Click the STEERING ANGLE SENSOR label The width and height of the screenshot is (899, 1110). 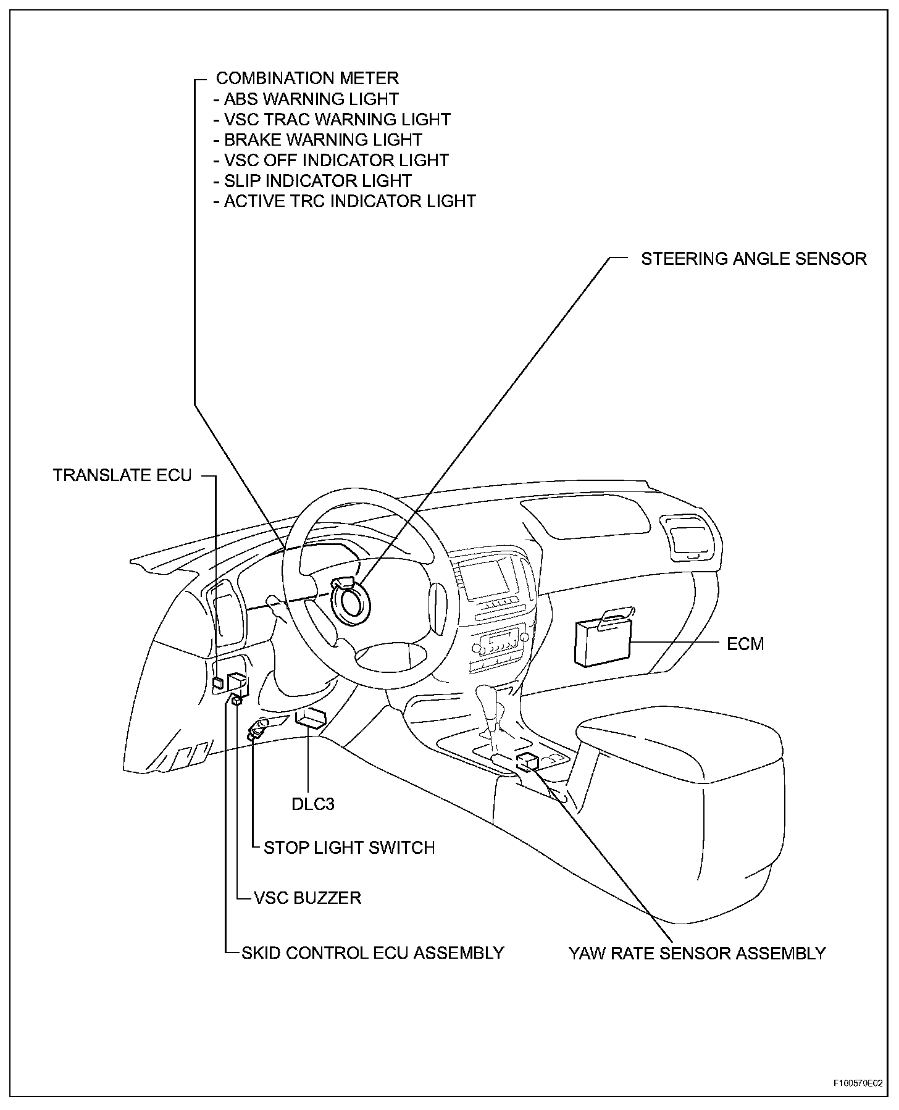pos(753,259)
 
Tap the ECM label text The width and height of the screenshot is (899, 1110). pos(745,644)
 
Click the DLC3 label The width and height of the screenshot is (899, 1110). pos(313,804)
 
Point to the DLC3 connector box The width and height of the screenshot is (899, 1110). pos(311,719)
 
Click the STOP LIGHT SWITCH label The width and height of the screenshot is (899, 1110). pos(349,848)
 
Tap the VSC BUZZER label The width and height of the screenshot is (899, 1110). pos(307,898)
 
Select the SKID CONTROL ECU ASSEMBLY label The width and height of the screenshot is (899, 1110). pos(372,953)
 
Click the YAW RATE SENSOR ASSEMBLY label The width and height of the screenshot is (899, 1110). pos(697,953)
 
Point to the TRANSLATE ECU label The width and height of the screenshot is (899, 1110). pos(122,475)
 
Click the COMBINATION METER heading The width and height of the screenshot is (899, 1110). pos(307,78)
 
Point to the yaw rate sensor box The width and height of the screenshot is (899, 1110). pos(527,761)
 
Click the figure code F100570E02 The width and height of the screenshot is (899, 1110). pos(857,1083)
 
